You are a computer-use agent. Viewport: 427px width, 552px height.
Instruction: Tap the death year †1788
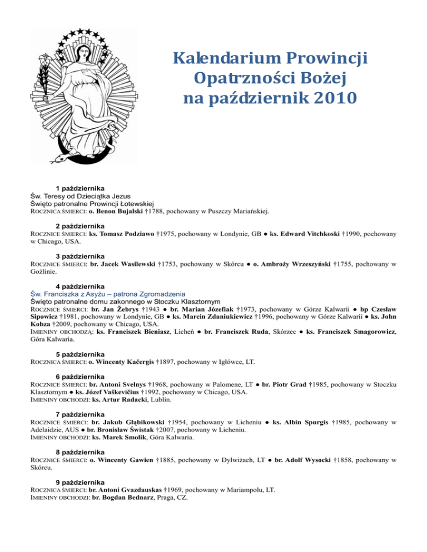click(x=155, y=212)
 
